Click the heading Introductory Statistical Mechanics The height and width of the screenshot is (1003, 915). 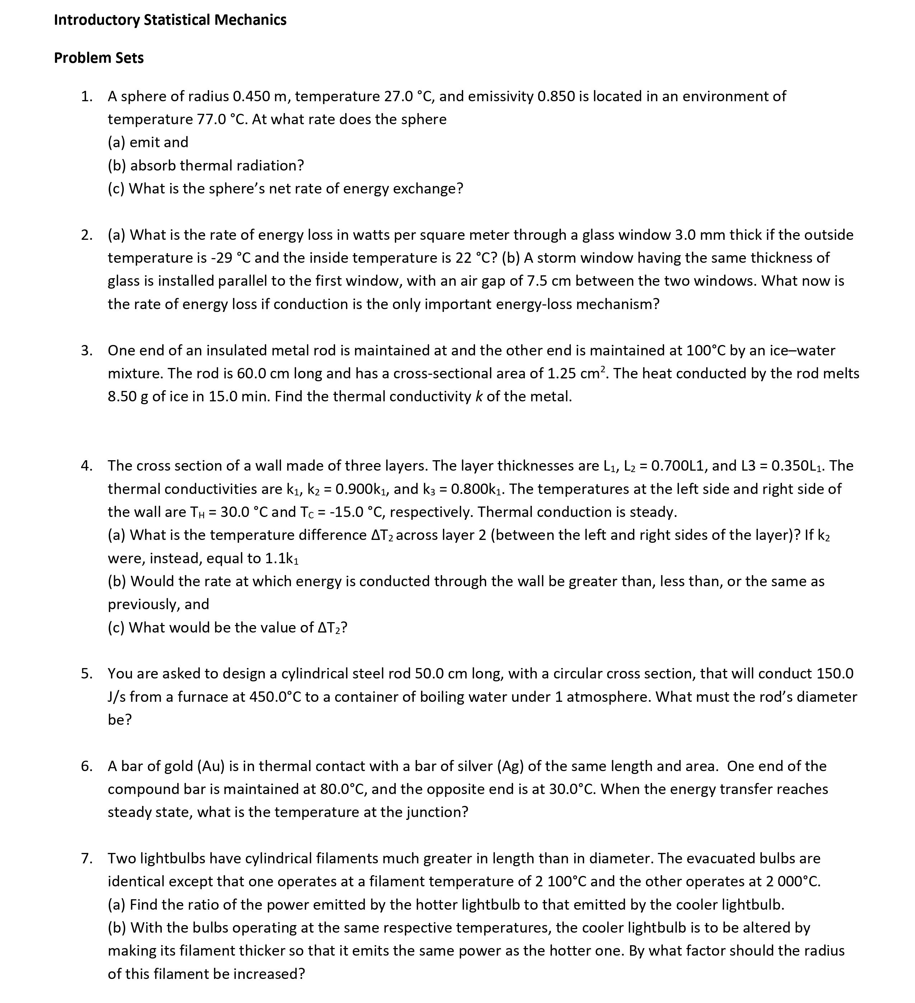pyautogui.click(x=170, y=20)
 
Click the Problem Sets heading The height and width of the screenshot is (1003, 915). pyautogui.click(x=99, y=58)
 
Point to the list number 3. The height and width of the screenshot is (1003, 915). pyautogui.click(x=86, y=350)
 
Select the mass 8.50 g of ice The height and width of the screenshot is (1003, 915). pyautogui.click(x=128, y=397)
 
